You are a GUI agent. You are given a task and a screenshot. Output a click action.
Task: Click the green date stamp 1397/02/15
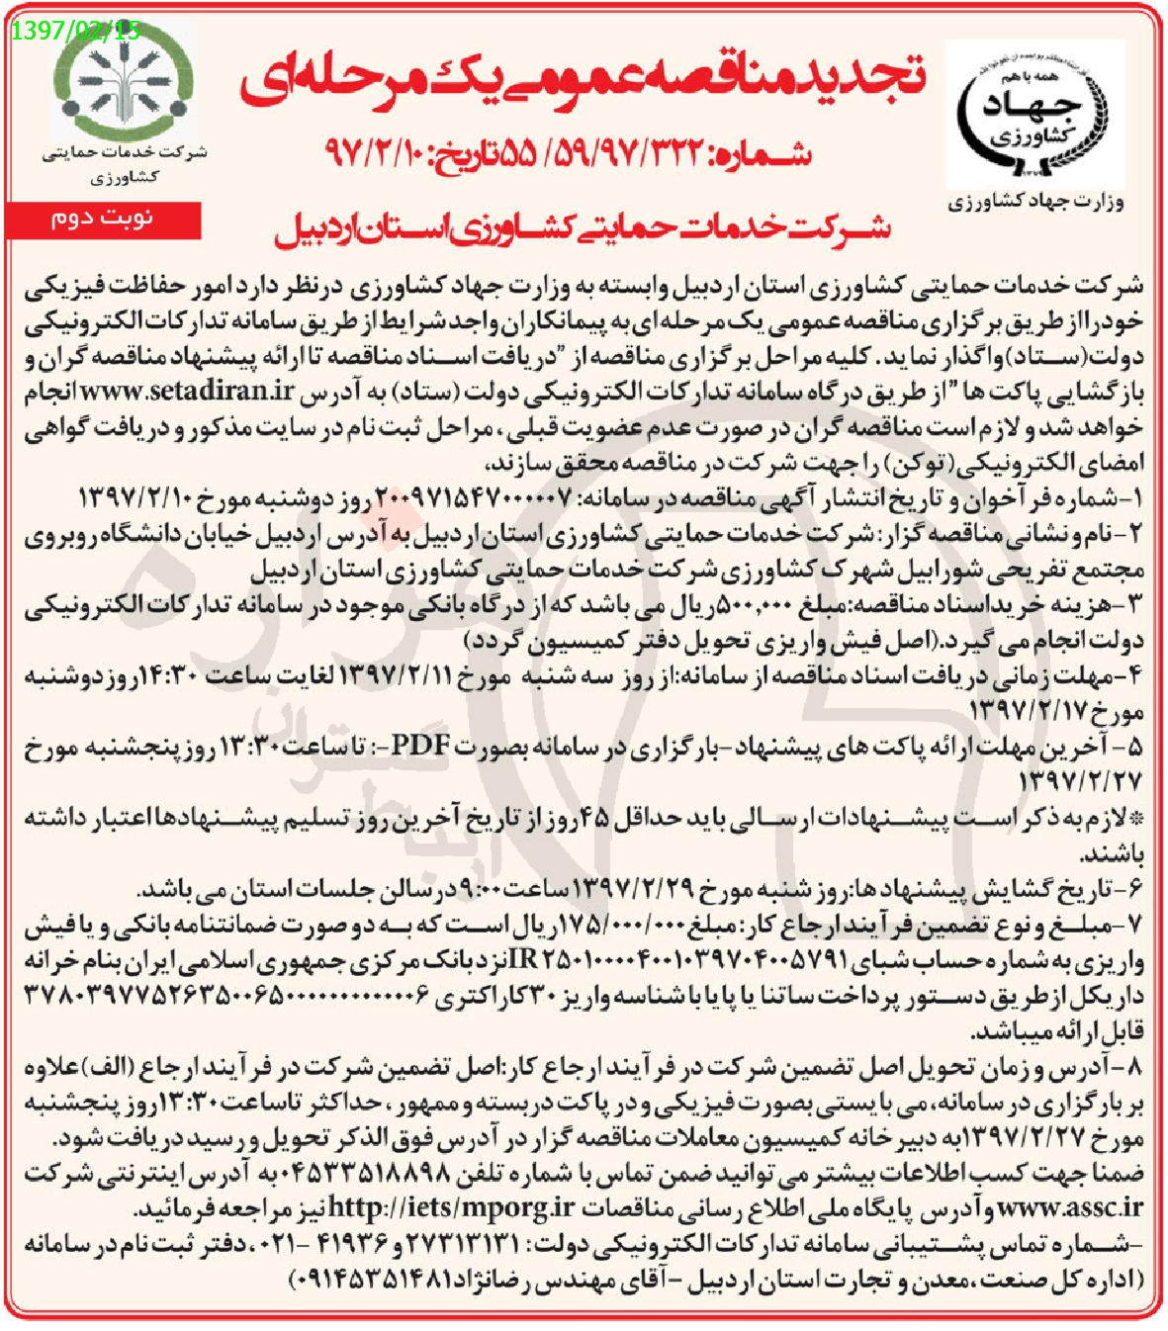pos(76,31)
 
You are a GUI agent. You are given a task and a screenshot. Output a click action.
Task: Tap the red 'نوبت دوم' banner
pos(103,220)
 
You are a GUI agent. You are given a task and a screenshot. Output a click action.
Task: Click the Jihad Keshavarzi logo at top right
pos(1035,115)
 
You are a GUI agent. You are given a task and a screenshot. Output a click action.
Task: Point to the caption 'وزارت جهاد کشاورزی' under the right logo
pos(1036,203)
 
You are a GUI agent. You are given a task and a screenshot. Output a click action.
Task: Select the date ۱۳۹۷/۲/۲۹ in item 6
pos(638,891)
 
